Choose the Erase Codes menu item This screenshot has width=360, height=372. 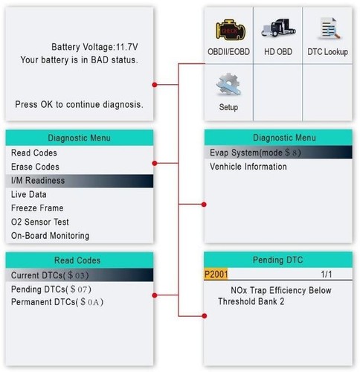click(35, 167)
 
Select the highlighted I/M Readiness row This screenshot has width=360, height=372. click(38, 180)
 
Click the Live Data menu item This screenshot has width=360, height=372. click(29, 194)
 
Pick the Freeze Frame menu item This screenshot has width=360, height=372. click(37, 208)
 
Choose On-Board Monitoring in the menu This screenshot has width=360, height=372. click(50, 236)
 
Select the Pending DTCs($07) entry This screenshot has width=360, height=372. click(51, 289)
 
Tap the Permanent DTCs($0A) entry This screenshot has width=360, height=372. click(57, 302)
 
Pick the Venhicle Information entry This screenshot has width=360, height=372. click(248, 167)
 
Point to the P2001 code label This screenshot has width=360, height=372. click(217, 275)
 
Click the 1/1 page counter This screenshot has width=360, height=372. click(327, 275)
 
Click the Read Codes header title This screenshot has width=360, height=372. click(78, 260)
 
